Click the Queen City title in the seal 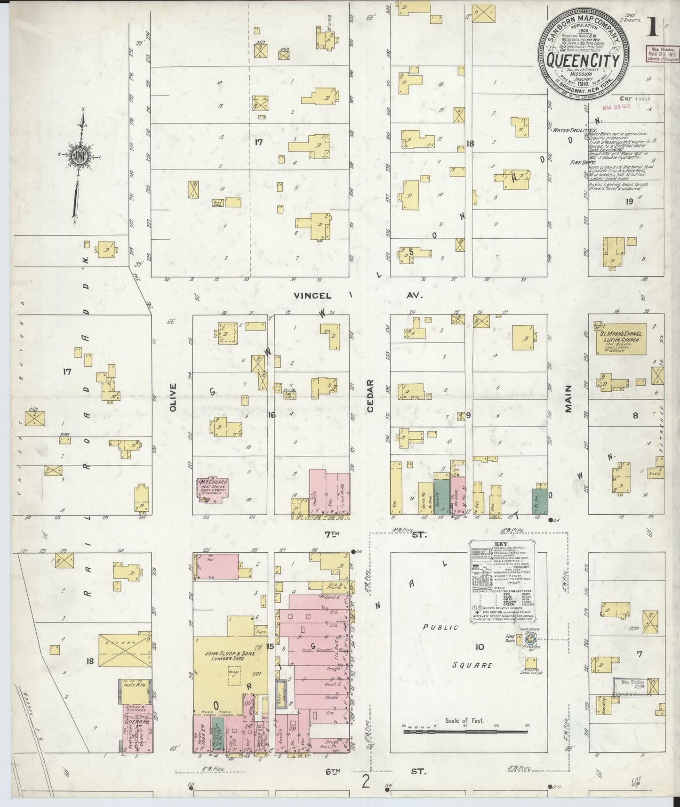point(585,60)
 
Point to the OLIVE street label point(173,398)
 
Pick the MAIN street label point(568,399)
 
